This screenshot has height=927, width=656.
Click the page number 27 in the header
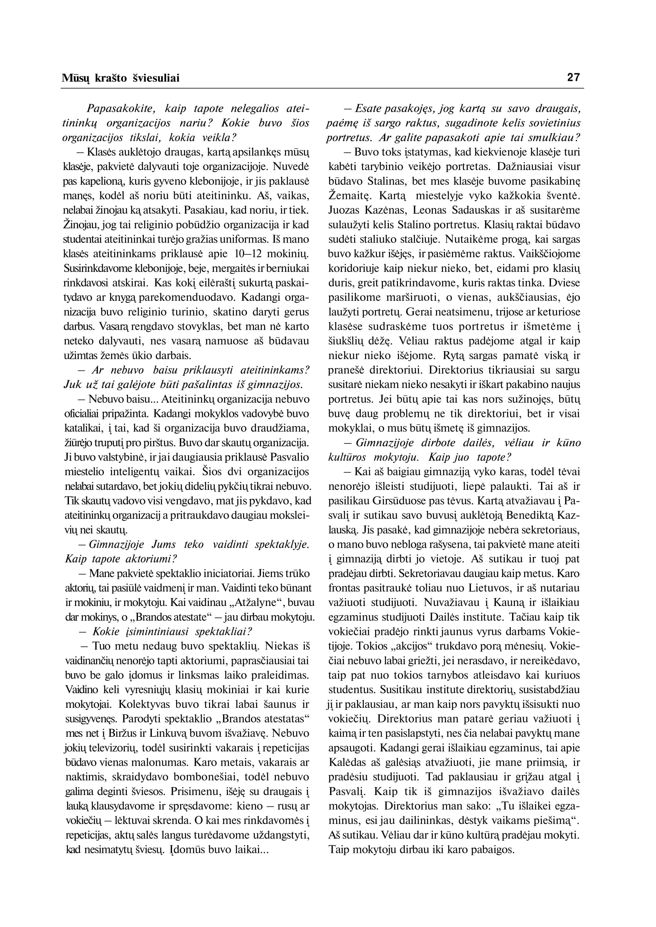click(x=574, y=77)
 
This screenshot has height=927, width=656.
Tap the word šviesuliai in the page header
click(x=156, y=78)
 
